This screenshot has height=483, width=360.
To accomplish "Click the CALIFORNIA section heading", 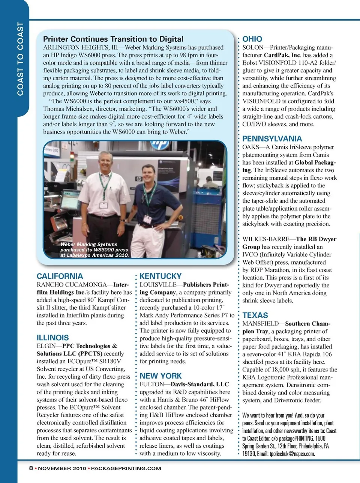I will [x=60, y=276].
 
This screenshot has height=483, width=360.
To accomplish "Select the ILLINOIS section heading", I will [x=52, y=338].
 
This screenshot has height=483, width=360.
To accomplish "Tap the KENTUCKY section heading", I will [x=160, y=276].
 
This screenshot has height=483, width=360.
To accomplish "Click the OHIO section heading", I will [x=252, y=39].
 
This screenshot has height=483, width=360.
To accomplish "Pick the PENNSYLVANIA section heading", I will [x=272, y=139].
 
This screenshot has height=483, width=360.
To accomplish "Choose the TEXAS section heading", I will [x=255, y=316].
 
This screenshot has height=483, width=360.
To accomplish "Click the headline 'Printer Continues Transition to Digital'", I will [x=113, y=39].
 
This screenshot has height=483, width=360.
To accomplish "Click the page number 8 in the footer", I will [x=31, y=468].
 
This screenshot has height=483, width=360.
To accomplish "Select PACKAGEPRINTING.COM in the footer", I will [x=126, y=468].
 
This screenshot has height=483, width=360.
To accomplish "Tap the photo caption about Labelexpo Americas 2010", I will [x=94, y=250].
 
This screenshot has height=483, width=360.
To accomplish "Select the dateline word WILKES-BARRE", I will [x=265, y=239].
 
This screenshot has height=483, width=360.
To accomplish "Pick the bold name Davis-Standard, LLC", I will [x=199, y=384].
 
